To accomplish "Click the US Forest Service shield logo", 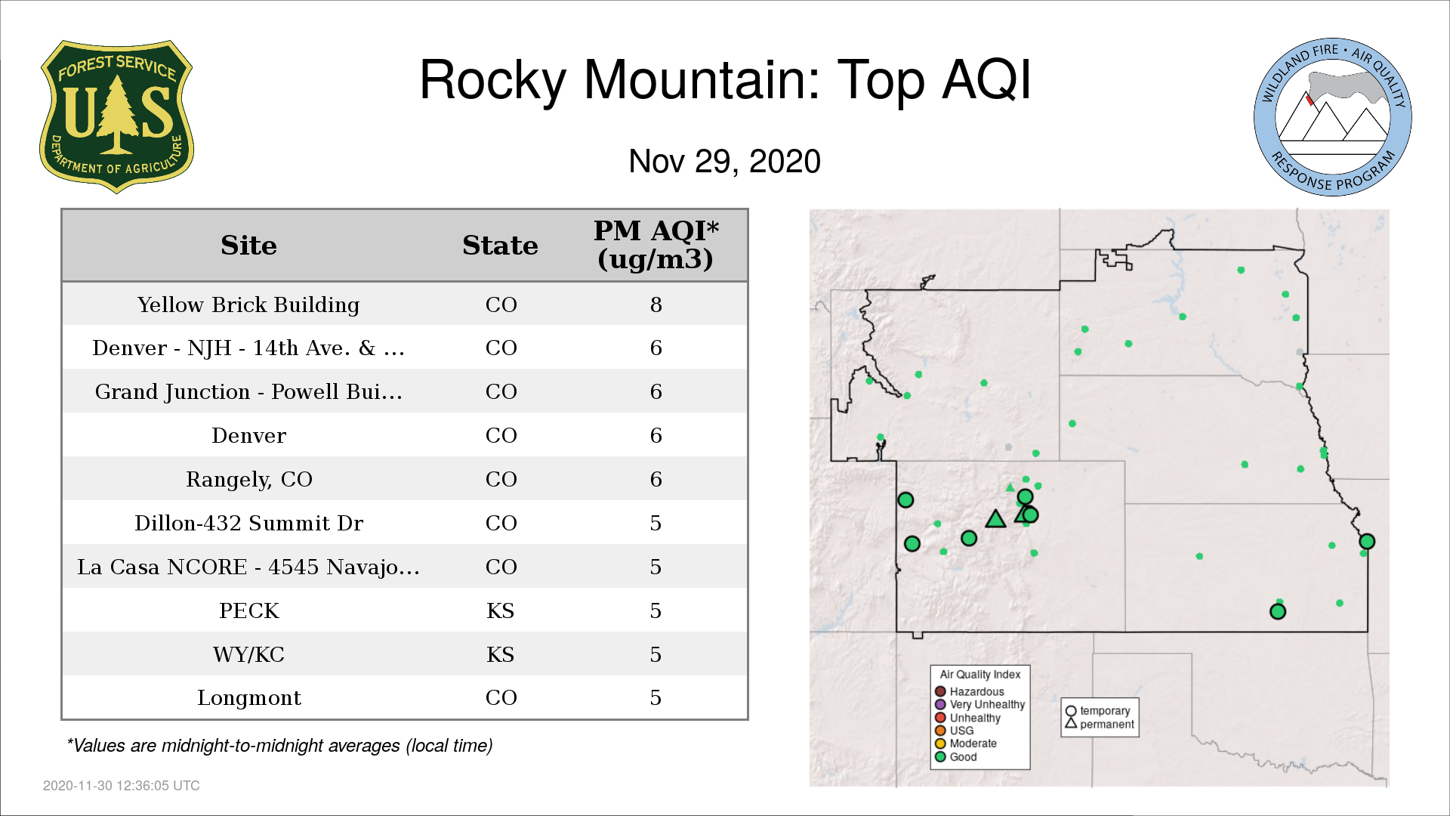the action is coord(116,117).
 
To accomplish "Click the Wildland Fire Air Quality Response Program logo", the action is coord(1333,117).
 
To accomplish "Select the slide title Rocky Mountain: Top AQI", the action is coord(725,79).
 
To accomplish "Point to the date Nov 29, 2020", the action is coord(724,161).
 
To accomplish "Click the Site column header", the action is coord(248,246).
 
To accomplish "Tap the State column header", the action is coord(500,246).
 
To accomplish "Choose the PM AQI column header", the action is coord(656,245).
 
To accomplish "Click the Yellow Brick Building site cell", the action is coord(248,304).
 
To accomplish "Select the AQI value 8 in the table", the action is coord(656,304).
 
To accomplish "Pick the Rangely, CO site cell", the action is coord(248,480).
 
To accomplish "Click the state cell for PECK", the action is coord(500,610).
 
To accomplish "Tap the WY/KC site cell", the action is coord(248,654).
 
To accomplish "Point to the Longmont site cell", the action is coord(248,698).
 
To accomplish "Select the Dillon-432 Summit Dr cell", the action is coord(248,523).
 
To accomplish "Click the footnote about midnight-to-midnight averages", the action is coord(279,746).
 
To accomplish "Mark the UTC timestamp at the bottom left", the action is coord(121,786).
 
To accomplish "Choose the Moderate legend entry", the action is coord(966,743).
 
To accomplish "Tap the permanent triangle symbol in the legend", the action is coord(1071,723).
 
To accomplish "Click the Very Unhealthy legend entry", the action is coord(980,704).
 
